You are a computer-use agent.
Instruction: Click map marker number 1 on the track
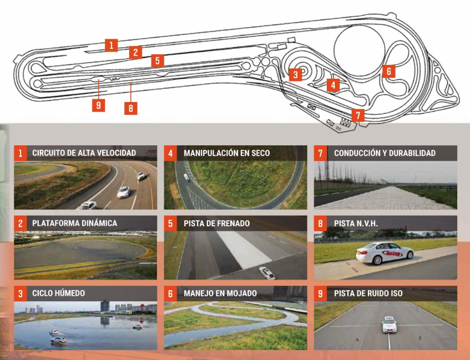click(111, 45)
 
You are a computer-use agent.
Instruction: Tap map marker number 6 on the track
click(389, 72)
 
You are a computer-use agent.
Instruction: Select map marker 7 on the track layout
click(358, 115)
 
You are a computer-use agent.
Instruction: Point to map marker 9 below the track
click(99, 105)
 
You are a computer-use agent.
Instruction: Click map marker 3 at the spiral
click(296, 75)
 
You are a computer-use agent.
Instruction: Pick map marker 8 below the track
click(131, 108)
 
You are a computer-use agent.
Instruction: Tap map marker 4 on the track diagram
click(333, 85)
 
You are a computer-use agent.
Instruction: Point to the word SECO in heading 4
click(260, 153)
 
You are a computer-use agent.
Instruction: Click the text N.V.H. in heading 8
click(367, 224)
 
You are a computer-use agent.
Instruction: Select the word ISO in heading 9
click(396, 293)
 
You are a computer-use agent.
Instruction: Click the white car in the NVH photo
click(385, 253)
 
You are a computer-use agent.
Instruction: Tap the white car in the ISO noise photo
click(389, 324)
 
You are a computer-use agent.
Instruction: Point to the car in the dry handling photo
click(186, 178)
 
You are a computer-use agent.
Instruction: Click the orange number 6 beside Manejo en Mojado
click(170, 293)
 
